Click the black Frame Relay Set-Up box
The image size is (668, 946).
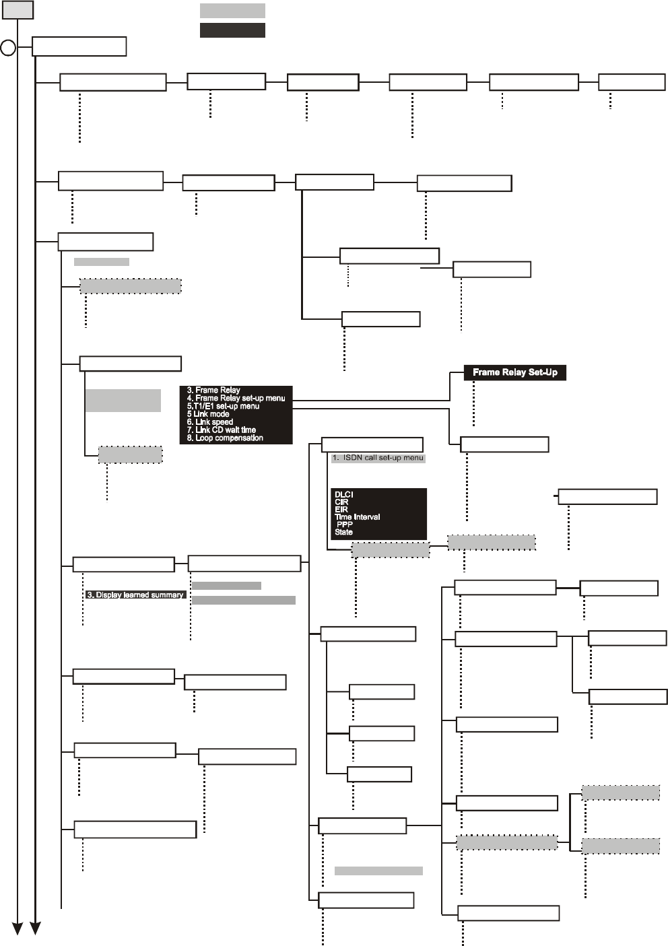(x=514, y=372)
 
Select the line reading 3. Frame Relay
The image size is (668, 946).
(x=213, y=391)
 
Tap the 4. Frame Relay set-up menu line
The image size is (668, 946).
(x=236, y=398)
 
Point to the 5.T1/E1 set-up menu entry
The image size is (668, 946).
(x=223, y=406)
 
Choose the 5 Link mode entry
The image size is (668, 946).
(x=208, y=414)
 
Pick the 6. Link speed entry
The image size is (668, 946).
(x=210, y=422)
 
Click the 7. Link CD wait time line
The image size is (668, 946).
(x=222, y=430)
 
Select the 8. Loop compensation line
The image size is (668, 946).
(x=225, y=438)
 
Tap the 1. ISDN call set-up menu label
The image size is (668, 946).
(x=378, y=459)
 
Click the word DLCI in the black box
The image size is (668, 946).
(x=343, y=494)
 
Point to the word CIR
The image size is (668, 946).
(x=341, y=502)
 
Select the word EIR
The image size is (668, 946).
(x=341, y=510)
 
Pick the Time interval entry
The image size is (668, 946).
(x=357, y=517)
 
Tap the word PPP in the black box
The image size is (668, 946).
(x=345, y=525)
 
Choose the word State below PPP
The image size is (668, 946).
(x=343, y=532)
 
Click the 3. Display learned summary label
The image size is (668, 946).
(x=135, y=595)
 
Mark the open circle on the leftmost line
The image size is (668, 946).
(x=8, y=48)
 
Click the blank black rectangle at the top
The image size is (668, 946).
(x=233, y=30)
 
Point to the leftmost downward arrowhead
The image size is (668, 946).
(x=18, y=928)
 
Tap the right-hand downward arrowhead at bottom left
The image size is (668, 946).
(x=36, y=928)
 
